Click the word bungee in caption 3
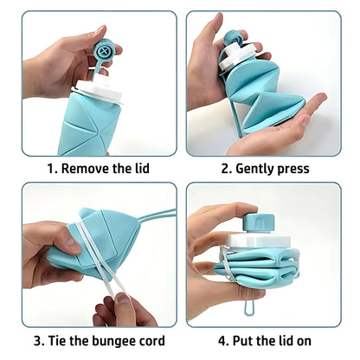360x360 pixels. pyautogui.click(x=111, y=340)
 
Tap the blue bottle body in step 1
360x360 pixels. pyautogui.click(x=95, y=130)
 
